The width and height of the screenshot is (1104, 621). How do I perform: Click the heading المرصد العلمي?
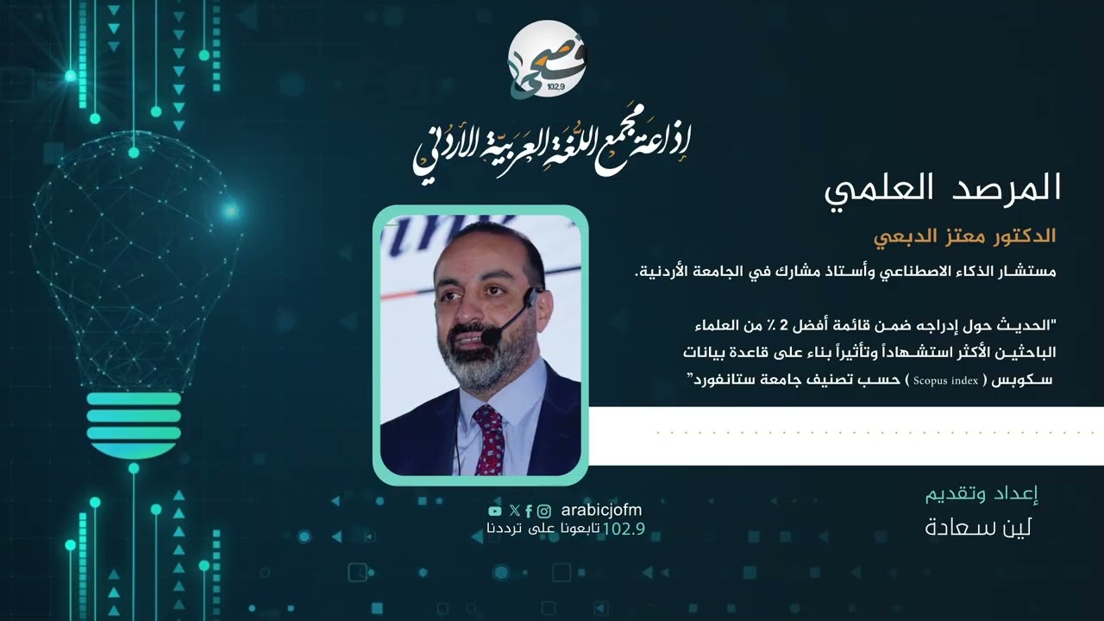941,188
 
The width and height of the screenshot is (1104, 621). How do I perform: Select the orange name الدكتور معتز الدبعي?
965,235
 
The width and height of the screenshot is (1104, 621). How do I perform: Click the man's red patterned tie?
490,440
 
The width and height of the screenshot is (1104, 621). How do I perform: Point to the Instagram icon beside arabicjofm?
544,511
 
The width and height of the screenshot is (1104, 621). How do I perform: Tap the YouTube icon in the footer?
494,511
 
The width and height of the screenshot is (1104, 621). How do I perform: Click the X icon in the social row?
515,511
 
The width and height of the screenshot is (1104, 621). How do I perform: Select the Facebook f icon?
529,511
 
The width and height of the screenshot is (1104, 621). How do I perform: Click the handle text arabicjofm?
601,510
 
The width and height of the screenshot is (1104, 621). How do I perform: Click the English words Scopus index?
944,379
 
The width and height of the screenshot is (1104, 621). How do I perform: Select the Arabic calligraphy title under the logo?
552,147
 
